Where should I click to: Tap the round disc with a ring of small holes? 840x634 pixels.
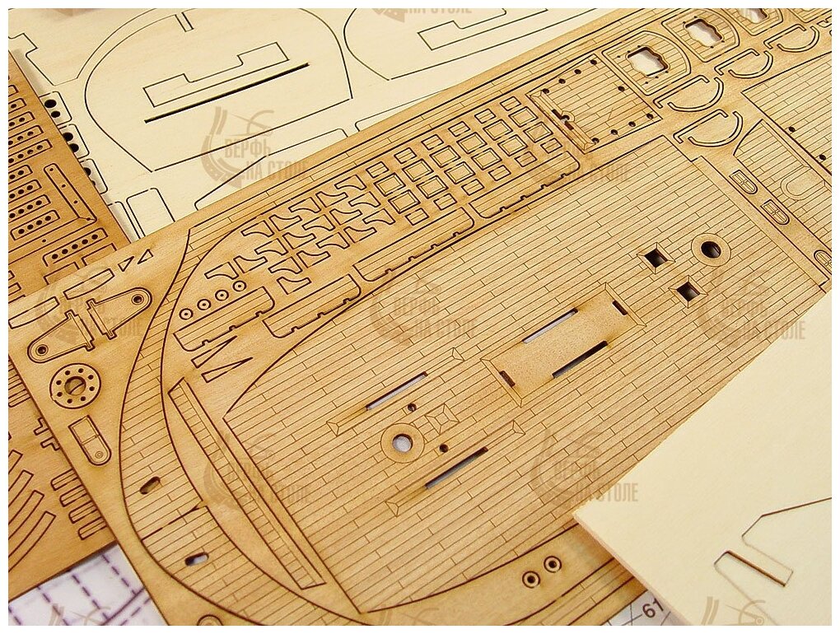click(x=75, y=385)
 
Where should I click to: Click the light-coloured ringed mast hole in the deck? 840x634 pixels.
click(x=402, y=443)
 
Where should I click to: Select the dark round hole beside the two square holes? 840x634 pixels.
click(x=710, y=249)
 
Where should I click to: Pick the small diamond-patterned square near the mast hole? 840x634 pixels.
click(x=443, y=417)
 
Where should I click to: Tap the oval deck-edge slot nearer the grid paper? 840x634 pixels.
click(x=196, y=559)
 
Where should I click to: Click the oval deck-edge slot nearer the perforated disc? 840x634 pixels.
click(x=150, y=485)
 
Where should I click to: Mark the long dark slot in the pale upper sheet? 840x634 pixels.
click(x=226, y=93)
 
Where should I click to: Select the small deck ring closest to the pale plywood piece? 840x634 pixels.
click(x=553, y=564)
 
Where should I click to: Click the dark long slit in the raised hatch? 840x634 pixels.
click(x=580, y=359)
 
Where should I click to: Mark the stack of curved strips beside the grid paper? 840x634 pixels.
click(x=33, y=510)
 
